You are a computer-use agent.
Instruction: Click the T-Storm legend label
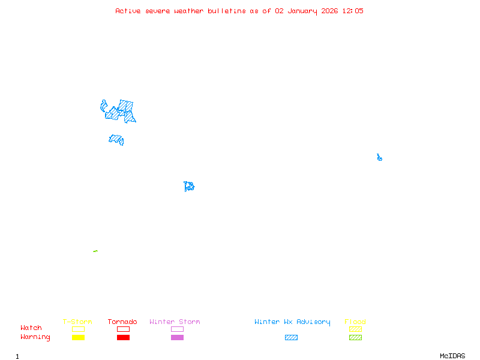pyautogui.click(x=77, y=322)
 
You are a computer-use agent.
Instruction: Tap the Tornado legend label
pyautogui.click(x=122, y=322)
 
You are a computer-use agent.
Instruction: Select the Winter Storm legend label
pyautogui.click(x=175, y=322)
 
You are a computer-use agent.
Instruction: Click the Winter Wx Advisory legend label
pyautogui.click(x=292, y=322)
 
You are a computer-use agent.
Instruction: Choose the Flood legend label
pyautogui.click(x=355, y=322)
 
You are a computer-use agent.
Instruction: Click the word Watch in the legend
pyautogui.click(x=31, y=328)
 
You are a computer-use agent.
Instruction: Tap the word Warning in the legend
pyautogui.click(x=35, y=337)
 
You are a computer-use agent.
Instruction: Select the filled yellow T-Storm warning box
pyautogui.click(x=78, y=338)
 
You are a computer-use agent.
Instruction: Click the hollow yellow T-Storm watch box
pyautogui.click(x=78, y=329)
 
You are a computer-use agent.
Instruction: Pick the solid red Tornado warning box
pyautogui.click(x=123, y=338)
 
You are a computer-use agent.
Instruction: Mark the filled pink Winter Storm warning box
pyautogui.click(x=177, y=338)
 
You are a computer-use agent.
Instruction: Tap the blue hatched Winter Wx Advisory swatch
pyautogui.click(x=291, y=338)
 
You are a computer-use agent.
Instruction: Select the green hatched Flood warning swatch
pyautogui.click(x=355, y=338)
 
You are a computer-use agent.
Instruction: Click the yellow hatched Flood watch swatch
pyautogui.click(x=355, y=329)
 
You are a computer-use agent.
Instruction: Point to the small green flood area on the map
pyautogui.click(x=95, y=251)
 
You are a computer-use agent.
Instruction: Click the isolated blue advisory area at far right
pyautogui.click(x=379, y=158)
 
